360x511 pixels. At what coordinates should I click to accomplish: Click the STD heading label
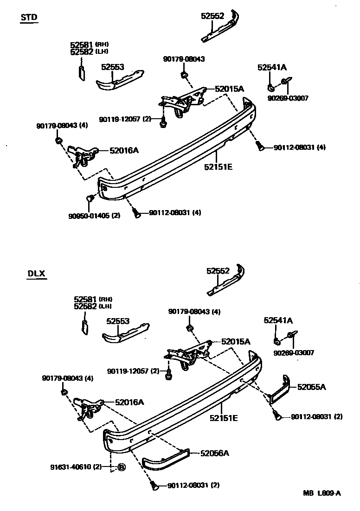pos(29,18)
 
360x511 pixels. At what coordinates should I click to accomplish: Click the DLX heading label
pos(36,273)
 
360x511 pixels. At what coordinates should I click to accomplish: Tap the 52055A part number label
pos(311,387)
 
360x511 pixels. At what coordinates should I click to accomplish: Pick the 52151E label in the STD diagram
pos(218,166)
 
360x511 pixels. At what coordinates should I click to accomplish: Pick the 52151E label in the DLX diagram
pos(224,418)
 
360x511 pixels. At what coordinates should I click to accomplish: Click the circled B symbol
pos(122,467)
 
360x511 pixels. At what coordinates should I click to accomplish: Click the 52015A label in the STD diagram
pos(229,88)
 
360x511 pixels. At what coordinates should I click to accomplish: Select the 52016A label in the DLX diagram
pos(129,402)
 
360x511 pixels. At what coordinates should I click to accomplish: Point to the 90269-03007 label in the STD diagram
pos(288,98)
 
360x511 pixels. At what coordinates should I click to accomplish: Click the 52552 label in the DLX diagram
pos(218,271)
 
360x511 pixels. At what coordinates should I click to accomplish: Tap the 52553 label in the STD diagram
pos(113,67)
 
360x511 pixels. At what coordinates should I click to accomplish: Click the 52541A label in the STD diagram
pos(272,68)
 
